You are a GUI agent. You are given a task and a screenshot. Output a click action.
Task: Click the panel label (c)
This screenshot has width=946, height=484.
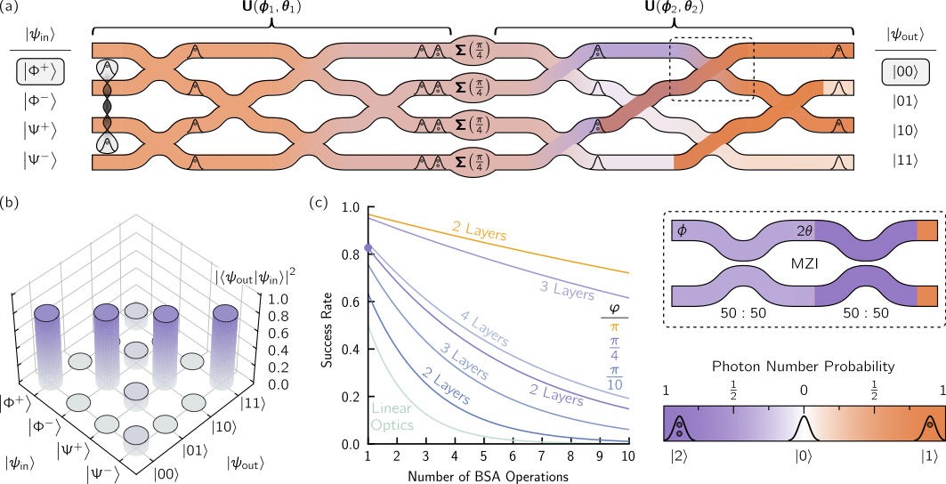click(x=317, y=202)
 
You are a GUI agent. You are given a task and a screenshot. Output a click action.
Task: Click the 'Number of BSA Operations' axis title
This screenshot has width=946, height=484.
click(x=484, y=473)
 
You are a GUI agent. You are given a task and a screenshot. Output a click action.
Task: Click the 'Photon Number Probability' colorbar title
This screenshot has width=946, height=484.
click(x=803, y=366)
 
